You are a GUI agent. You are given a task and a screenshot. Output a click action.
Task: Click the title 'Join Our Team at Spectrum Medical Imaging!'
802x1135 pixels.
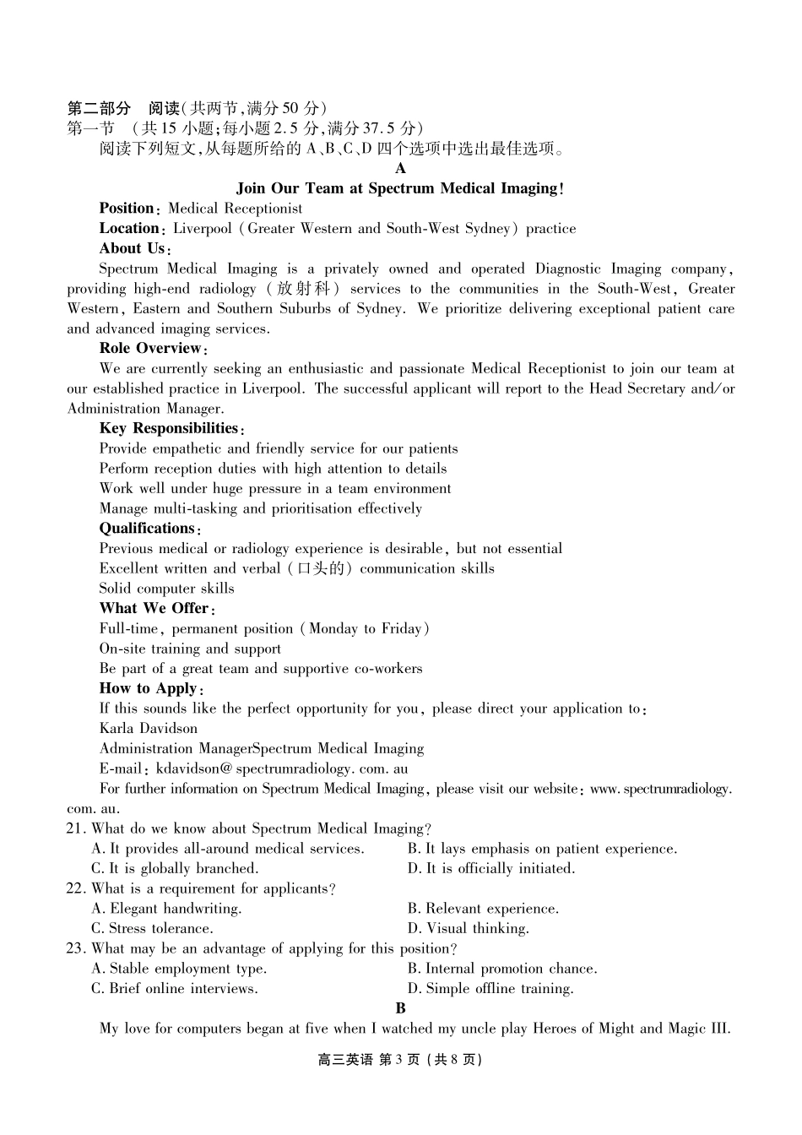400,188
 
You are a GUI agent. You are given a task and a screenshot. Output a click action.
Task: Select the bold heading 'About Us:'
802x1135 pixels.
135,248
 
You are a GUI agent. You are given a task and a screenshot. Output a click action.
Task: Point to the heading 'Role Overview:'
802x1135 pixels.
153,349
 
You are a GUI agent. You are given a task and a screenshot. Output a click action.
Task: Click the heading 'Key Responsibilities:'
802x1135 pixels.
171,428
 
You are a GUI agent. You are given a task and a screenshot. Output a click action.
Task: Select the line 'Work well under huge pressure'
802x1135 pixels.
274,489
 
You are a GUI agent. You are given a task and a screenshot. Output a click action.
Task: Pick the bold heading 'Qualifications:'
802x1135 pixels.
149,529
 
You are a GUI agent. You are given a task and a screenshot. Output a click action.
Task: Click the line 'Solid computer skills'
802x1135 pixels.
166,589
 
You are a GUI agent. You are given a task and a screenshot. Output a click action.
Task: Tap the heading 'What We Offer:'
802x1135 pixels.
157,609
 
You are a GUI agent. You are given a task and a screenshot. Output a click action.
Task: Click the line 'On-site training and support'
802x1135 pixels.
190,649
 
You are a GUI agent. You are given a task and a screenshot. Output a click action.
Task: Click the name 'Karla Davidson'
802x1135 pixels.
149,729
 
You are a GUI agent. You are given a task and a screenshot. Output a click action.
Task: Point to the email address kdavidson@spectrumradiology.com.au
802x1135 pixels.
283,768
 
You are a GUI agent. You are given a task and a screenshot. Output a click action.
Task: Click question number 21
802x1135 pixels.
75,829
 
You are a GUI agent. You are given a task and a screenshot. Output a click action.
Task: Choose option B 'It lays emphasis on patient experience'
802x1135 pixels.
542,849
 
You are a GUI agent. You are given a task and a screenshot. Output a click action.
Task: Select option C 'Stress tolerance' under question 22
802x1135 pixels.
152,929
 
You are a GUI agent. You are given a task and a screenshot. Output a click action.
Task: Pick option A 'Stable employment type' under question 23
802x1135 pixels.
179,969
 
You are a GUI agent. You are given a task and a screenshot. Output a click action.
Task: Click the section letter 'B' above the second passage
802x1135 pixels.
400,1008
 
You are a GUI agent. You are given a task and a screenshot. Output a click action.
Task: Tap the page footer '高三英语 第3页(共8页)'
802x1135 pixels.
400,1060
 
